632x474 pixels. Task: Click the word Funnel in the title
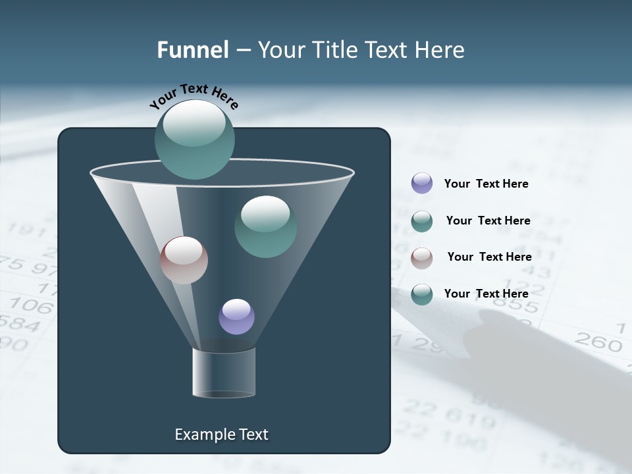point(192,50)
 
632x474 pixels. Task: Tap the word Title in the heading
point(334,50)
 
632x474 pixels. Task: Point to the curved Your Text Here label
point(194,95)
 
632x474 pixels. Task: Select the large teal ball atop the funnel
point(194,139)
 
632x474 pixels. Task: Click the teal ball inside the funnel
point(265,226)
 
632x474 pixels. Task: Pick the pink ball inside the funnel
point(184,260)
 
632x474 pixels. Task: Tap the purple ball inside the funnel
point(236,317)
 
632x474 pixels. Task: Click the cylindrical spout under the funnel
point(224,373)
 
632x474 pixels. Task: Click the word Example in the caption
point(201,434)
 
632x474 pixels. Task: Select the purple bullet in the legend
point(422,184)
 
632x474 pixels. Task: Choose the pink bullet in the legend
point(422,257)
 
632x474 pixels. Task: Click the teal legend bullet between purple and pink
point(422,221)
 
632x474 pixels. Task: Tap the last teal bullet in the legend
point(422,294)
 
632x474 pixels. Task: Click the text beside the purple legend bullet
point(486,184)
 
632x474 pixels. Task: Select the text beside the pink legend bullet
point(489,257)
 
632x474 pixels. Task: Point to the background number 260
point(598,342)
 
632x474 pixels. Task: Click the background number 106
point(31,305)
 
